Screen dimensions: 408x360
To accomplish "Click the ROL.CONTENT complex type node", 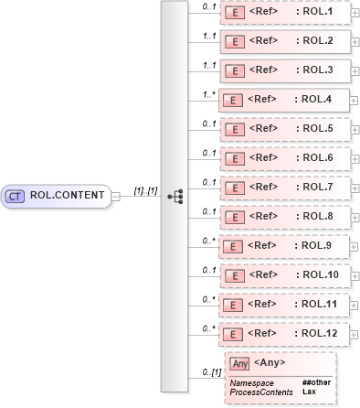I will tap(56, 196).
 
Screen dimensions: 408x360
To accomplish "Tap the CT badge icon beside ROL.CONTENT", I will tap(16, 196).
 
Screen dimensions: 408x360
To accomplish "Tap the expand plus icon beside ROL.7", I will tap(355, 188).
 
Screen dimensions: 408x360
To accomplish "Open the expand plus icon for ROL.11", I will tap(355, 304).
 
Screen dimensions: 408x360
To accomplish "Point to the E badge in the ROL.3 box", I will tap(233, 70).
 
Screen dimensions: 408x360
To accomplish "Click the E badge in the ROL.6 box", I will tap(233, 158).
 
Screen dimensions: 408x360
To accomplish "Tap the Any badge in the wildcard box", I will tap(239, 364).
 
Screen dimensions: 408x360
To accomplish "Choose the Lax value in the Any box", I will tap(309, 392).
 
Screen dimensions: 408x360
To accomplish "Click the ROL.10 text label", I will tap(322, 274).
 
